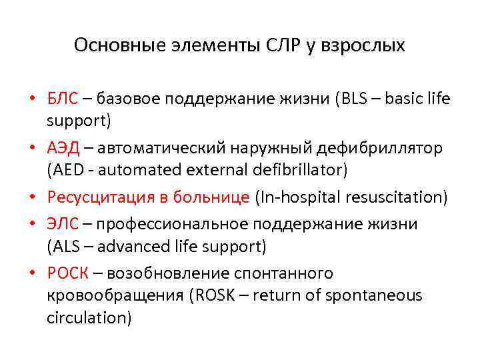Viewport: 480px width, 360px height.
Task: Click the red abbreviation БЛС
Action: (x=63, y=99)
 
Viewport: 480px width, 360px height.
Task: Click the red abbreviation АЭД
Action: (x=63, y=148)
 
